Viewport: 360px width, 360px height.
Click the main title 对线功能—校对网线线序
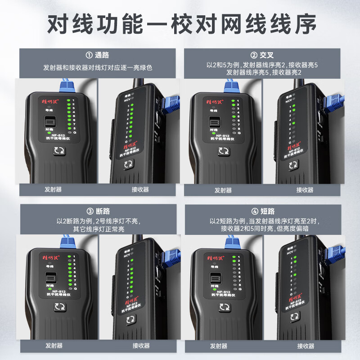point(180,23)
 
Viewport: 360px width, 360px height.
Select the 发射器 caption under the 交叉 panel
point(223,190)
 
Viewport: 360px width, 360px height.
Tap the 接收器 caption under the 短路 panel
point(306,346)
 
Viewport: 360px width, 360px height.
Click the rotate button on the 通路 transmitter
point(58,152)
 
